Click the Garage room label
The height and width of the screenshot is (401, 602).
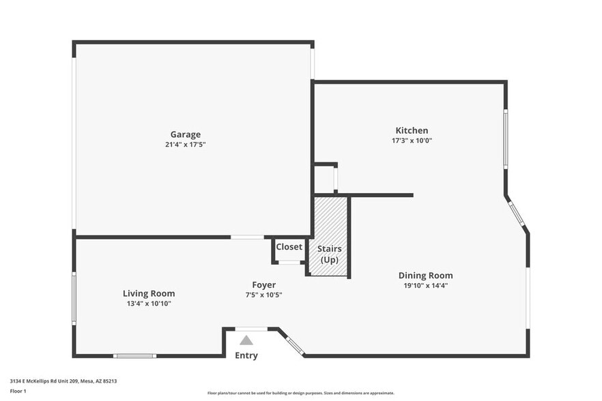[x=185, y=134]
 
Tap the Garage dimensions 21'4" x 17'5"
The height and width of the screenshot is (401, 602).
[x=185, y=145]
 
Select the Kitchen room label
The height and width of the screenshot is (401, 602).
[x=412, y=130]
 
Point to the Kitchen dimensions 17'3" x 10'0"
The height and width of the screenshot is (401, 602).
[x=412, y=140]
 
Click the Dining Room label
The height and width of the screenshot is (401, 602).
[x=425, y=276]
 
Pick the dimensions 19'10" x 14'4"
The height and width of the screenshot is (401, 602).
[x=425, y=286]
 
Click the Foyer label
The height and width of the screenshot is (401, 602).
[x=264, y=284]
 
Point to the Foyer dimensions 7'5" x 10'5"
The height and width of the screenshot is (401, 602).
[x=264, y=295]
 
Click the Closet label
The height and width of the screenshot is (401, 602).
[x=289, y=247]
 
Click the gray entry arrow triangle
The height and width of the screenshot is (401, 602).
[x=246, y=340]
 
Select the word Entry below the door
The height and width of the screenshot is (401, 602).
[x=246, y=355]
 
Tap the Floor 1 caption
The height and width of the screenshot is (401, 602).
[x=18, y=391]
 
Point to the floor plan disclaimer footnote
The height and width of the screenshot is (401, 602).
[x=300, y=393]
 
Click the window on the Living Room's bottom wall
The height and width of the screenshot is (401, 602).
[x=134, y=355]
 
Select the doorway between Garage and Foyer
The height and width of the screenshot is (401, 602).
[x=247, y=237]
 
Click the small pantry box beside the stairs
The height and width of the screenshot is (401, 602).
[x=325, y=179]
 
